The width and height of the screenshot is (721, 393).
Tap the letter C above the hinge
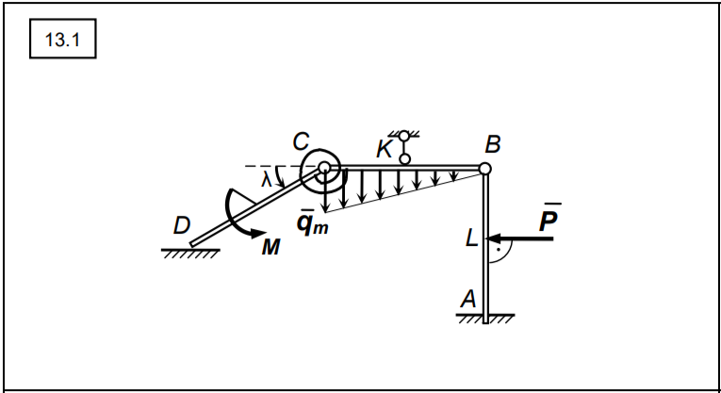tap(301, 141)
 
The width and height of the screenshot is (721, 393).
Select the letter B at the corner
tap(493, 146)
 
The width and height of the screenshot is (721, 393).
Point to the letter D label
tap(182, 226)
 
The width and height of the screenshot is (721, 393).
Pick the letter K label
tap(385, 149)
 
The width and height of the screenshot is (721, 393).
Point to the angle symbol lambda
tap(268, 177)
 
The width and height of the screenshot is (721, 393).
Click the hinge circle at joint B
tap(484, 169)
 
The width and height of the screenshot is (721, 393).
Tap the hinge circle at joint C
tap(324, 169)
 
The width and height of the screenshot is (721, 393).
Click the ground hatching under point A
tap(485, 319)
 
